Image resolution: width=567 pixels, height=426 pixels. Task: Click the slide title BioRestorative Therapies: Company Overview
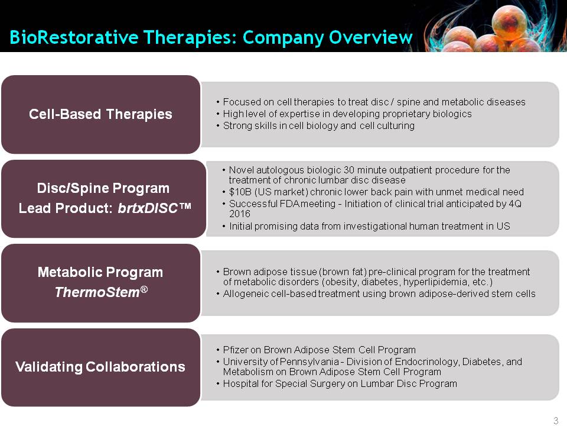(211, 37)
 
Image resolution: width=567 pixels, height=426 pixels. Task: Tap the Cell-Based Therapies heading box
(100, 114)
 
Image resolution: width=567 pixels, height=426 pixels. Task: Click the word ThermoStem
(97, 292)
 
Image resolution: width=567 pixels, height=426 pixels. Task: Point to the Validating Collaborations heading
(100, 367)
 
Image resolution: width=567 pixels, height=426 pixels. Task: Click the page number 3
(556, 421)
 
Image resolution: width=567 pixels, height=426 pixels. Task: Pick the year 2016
(240, 214)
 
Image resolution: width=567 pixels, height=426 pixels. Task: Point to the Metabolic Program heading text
(100, 272)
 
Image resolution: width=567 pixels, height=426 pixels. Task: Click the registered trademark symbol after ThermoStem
(144, 289)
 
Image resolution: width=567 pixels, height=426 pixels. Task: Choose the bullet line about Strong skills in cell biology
(318, 125)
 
